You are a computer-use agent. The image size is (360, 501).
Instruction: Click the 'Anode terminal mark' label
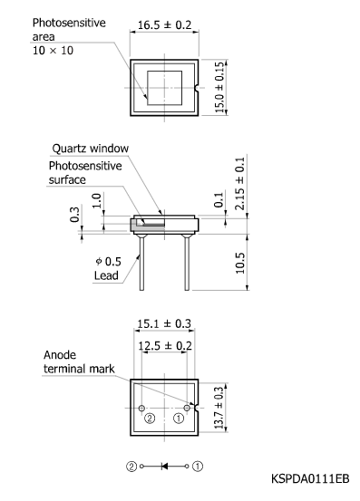point(68,362)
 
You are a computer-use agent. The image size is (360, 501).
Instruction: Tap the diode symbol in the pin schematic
point(165,467)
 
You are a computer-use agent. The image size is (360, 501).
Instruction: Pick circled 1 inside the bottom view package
point(179,419)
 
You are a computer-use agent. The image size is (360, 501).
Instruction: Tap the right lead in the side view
point(188,263)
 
